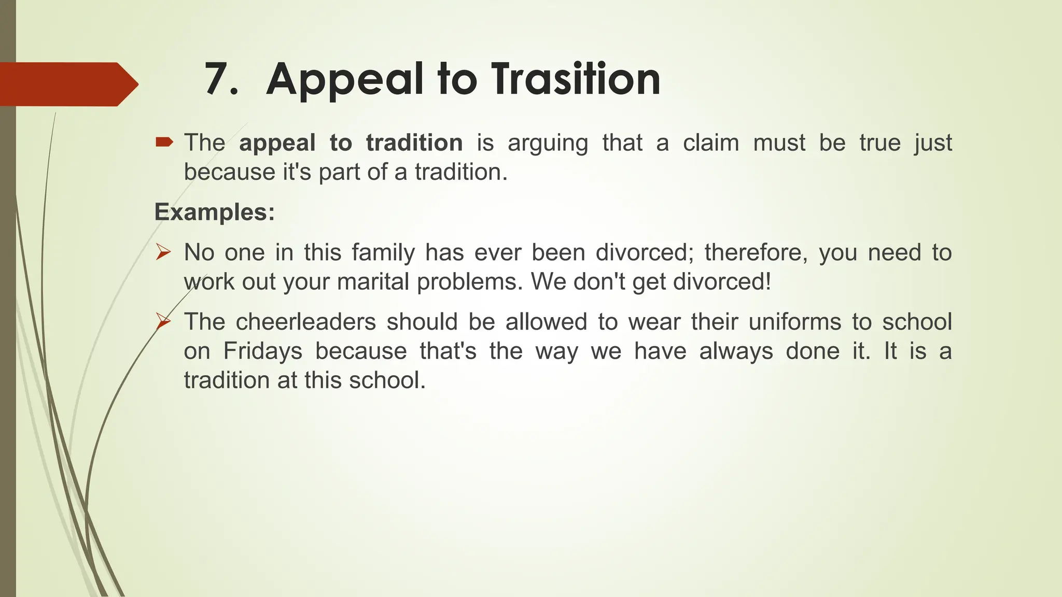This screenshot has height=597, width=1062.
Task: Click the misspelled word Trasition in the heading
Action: pos(576,79)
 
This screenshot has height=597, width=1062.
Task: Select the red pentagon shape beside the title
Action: pos(67,84)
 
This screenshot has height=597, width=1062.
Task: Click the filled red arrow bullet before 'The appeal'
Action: pos(164,141)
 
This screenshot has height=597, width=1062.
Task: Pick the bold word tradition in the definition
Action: pos(414,143)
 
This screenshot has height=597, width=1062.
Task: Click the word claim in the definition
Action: pos(710,143)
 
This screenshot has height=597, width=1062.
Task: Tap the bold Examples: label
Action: pos(214,212)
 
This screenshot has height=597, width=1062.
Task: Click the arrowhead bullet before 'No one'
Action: pos(163,252)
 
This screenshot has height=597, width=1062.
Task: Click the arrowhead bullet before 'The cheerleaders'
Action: pos(163,321)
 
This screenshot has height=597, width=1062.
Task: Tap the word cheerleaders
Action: pos(305,322)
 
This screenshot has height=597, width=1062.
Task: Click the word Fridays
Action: pos(262,351)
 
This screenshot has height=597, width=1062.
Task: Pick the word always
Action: pos(736,351)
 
